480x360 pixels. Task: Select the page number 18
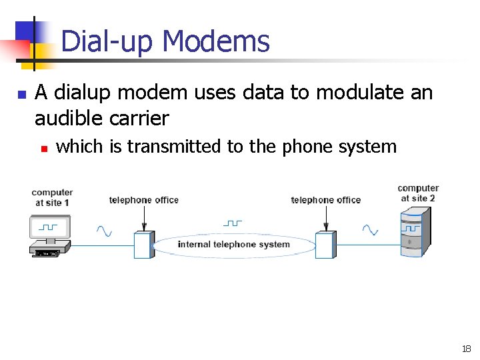click(466, 349)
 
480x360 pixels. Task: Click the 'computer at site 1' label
click(52, 197)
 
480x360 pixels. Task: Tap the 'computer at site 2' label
click(418, 193)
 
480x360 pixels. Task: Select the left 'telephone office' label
click(144, 200)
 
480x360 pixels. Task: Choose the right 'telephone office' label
click(326, 200)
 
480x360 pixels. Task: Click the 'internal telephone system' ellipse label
click(234, 245)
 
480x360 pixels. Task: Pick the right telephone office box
click(325, 245)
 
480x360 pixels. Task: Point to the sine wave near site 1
click(104, 231)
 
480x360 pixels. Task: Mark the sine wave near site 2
click(370, 231)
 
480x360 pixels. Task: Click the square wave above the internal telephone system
click(232, 223)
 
